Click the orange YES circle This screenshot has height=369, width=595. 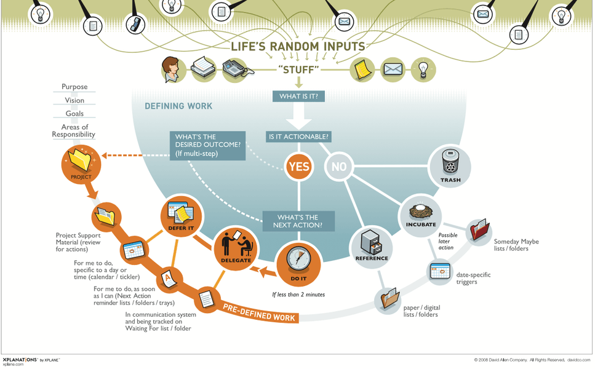click(298, 166)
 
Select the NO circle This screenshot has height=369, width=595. click(338, 166)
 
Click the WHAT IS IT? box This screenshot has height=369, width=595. click(298, 97)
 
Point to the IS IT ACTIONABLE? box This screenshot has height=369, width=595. click(298, 137)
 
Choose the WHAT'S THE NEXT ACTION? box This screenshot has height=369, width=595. click(299, 221)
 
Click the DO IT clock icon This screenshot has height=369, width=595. click(298, 261)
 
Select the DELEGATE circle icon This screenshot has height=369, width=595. click(236, 247)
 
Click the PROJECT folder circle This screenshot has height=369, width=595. click(81, 163)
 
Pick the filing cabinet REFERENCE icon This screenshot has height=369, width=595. click(371, 244)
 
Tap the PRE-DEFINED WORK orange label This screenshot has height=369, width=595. click(260, 313)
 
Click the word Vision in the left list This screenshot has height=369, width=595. click(74, 100)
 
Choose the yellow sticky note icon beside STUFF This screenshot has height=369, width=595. click(362, 69)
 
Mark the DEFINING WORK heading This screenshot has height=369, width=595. click(178, 106)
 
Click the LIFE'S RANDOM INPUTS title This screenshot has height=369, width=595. click(298, 47)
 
